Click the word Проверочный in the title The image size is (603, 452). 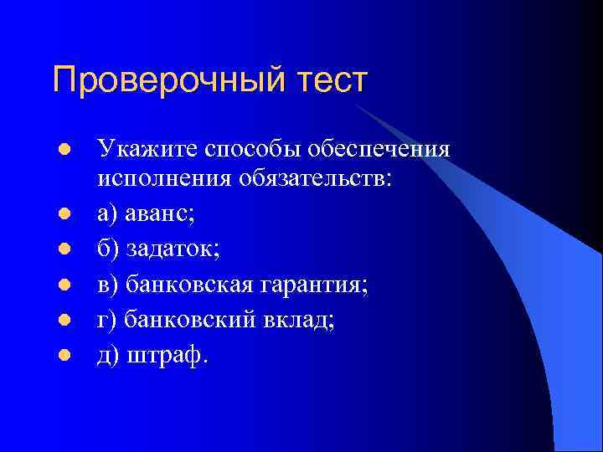click(167, 81)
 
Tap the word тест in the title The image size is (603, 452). click(330, 81)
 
